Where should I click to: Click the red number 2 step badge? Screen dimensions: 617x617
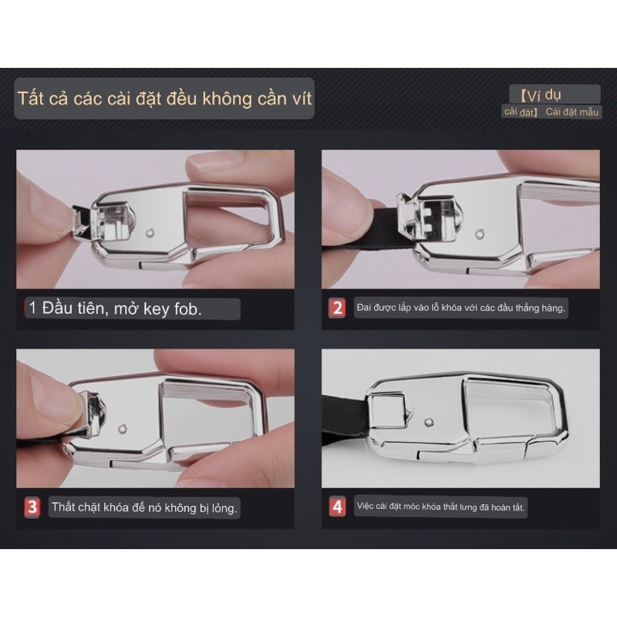[337, 308]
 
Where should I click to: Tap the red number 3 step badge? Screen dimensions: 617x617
[32, 507]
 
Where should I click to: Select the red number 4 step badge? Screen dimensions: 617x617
[337, 507]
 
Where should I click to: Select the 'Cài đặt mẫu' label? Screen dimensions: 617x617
[572, 113]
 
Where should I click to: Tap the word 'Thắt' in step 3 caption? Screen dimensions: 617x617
[66, 507]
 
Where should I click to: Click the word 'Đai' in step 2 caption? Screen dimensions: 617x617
[363, 308]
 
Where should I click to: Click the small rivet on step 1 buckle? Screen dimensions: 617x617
[151, 231]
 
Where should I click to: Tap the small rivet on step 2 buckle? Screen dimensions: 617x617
[481, 233]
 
